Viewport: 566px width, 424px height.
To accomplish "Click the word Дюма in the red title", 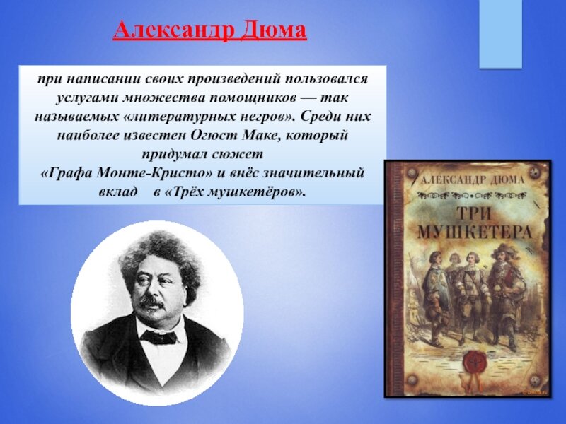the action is [x=273, y=30].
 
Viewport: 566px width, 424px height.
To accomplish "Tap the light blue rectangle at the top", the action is [x=500, y=34].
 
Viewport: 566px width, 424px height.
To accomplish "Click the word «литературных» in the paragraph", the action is [x=174, y=117].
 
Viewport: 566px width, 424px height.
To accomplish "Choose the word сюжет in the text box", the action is [x=237, y=154].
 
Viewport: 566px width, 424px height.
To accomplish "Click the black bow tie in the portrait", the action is [x=158, y=337].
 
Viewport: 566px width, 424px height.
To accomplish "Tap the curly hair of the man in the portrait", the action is [x=158, y=252].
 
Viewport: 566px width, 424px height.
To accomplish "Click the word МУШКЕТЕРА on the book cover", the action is [x=475, y=232].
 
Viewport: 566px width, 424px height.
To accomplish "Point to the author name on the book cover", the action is [x=473, y=179].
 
